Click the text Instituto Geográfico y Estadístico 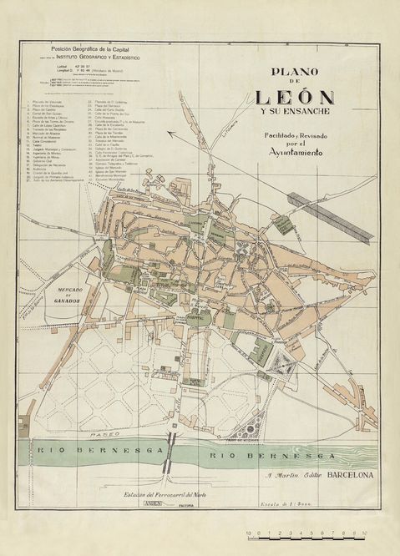[99, 57]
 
